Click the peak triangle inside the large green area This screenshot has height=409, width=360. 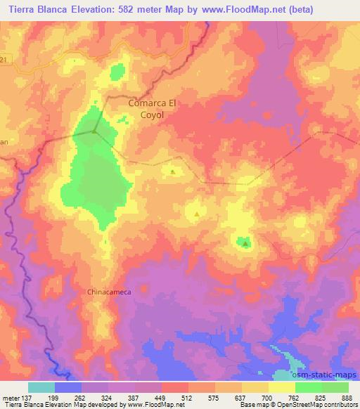click(x=94, y=130)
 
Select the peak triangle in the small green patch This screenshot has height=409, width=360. click(x=245, y=244)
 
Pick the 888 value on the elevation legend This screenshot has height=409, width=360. click(x=347, y=397)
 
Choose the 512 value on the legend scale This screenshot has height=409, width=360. click(x=188, y=397)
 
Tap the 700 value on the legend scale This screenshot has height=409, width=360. click(x=268, y=397)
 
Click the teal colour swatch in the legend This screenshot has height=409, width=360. click(x=41, y=387)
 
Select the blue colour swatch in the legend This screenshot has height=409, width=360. click(x=68, y=387)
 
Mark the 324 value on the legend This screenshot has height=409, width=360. click(x=108, y=397)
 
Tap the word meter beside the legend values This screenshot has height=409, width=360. click(x=10, y=397)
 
